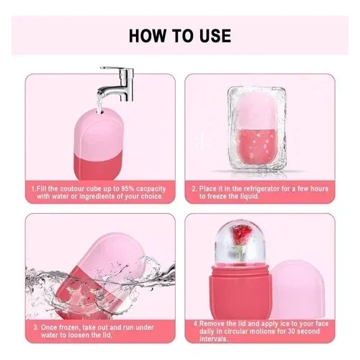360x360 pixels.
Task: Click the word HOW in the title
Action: (147, 36)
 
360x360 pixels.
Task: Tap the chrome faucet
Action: (117, 84)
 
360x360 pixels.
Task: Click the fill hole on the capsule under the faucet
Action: (99, 111)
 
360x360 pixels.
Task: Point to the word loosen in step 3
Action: (79, 335)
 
